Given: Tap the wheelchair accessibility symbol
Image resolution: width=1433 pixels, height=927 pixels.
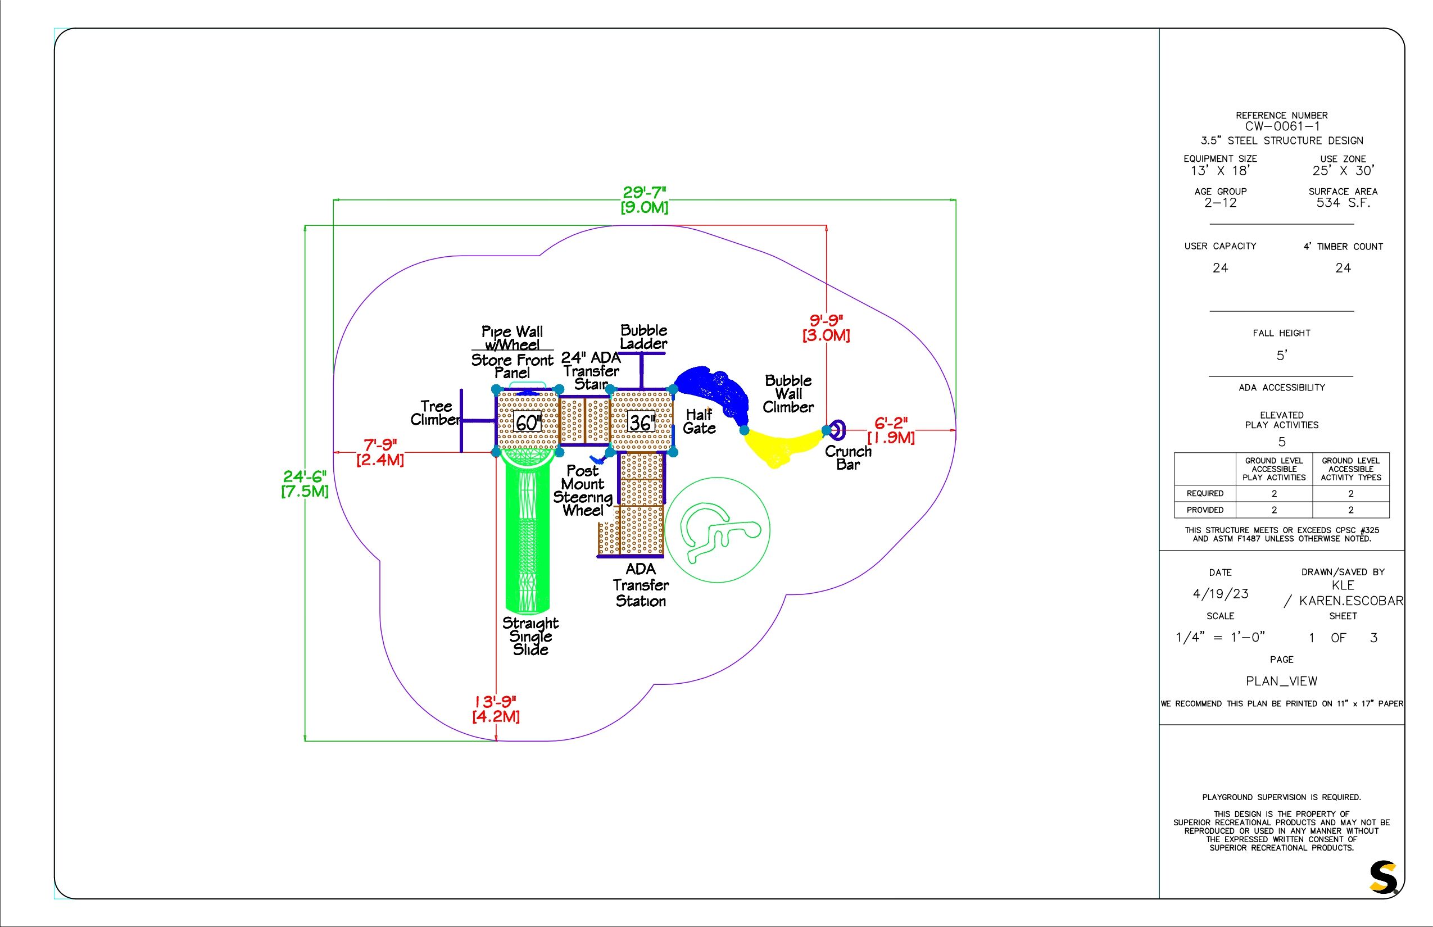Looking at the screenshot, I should pyautogui.click(x=717, y=530).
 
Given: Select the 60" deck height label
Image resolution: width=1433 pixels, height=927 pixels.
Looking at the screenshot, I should pyautogui.click(x=528, y=422).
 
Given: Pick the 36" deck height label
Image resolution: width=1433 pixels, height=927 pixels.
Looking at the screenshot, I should pyautogui.click(x=641, y=422).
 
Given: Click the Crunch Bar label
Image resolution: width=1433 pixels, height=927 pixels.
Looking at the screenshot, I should pyautogui.click(x=848, y=457).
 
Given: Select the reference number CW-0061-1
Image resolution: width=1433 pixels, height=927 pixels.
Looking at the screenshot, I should pyautogui.click(x=1282, y=126).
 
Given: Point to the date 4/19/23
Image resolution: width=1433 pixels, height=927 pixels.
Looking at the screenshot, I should pyautogui.click(x=1221, y=593).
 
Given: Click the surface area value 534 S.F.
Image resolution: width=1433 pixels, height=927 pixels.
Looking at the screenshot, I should pyautogui.click(x=1343, y=203).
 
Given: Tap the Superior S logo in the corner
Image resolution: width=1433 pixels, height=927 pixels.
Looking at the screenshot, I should pyautogui.click(x=1383, y=878).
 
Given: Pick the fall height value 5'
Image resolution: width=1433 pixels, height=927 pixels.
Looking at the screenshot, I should pyautogui.click(x=1281, y=356).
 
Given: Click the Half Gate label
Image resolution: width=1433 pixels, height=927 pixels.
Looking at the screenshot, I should pyautogui.click(x=699, y=421).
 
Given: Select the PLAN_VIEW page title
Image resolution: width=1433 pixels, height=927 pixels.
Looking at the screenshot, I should pyautogui.click(x=1281, y=681).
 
